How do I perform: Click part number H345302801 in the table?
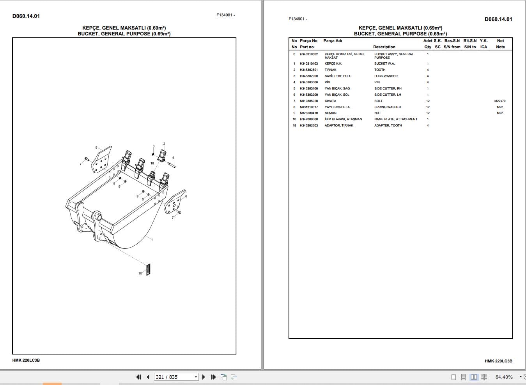[x=308, y=70]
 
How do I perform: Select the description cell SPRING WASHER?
[x=387, y=107]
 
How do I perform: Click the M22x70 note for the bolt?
[x=499, y=101]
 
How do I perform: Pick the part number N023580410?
[x=308, y=113]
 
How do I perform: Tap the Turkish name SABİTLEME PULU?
[x=338, y=76]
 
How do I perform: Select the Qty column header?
[x=427, y=47]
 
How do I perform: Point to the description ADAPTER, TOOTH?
[x=388, y=125]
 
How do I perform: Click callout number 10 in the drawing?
[x=140, y=273]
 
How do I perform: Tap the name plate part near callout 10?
[x=148, y=269]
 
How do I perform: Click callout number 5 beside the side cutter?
[x=96, y=148]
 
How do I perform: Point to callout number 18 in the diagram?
[x=152, y=163]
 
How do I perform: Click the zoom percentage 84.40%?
[x=504, y=377]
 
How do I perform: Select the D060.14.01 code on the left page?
[x=26, y=16]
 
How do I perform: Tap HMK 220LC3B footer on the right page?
[x=498, y=361]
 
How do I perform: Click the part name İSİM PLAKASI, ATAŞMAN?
[x=343, y=119]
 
